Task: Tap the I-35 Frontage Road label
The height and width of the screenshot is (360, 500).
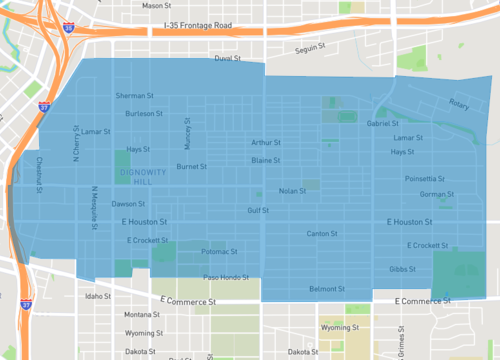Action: (x=209, y=25)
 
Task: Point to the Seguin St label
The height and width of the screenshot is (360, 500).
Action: (x=312, y=50)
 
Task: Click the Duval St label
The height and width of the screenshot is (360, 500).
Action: (x=229, y=59)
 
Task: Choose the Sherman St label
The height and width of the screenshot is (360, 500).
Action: (x=134, y=96)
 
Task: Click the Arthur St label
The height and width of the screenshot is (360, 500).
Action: (x=266, y=142)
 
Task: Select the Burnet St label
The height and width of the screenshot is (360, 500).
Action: (x=191, y=166)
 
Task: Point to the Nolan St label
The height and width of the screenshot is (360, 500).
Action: (x=292, y=190)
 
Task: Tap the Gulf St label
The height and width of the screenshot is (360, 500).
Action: (x=259, y=210)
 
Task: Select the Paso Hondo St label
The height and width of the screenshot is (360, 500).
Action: (x=226, y=277)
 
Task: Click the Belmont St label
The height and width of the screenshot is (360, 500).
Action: (x=326, y=288)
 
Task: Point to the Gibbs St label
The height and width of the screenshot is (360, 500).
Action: (x=402, y=268)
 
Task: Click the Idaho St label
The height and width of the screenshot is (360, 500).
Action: (x=99, y=296)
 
